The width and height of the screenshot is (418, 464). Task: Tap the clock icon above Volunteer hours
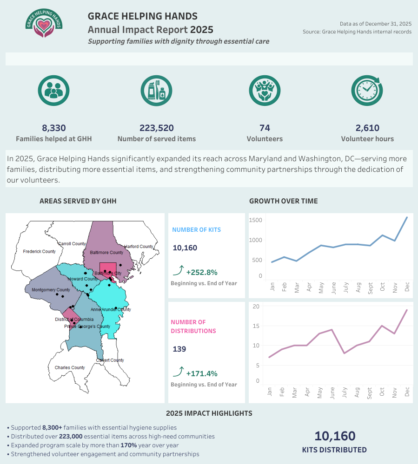(367, 90)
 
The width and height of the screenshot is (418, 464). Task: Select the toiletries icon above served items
(156, 90)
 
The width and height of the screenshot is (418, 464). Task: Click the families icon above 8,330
(53, 90)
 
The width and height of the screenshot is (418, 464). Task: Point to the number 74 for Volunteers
(265, 128)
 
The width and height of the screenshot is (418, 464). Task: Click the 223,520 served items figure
(156, 128)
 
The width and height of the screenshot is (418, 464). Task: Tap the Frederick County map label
(40, 252)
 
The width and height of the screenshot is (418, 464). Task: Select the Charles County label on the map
(70, 368)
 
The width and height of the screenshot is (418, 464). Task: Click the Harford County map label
(139, 247)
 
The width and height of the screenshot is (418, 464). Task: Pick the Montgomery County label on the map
(50, 290)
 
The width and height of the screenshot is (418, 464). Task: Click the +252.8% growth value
(201, 273)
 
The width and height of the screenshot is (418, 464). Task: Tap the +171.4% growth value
(201, 373)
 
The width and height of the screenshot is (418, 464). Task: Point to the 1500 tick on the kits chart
(256, 220)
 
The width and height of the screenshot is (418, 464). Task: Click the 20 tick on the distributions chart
(256, 306)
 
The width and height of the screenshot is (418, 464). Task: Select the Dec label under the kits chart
(407, 288)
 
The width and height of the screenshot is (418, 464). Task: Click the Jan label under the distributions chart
(270, 392)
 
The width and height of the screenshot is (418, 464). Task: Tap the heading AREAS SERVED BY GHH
(78, 201)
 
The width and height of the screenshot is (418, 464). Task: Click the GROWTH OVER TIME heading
(284, 201)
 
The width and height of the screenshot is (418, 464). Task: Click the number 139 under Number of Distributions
(179, 349)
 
